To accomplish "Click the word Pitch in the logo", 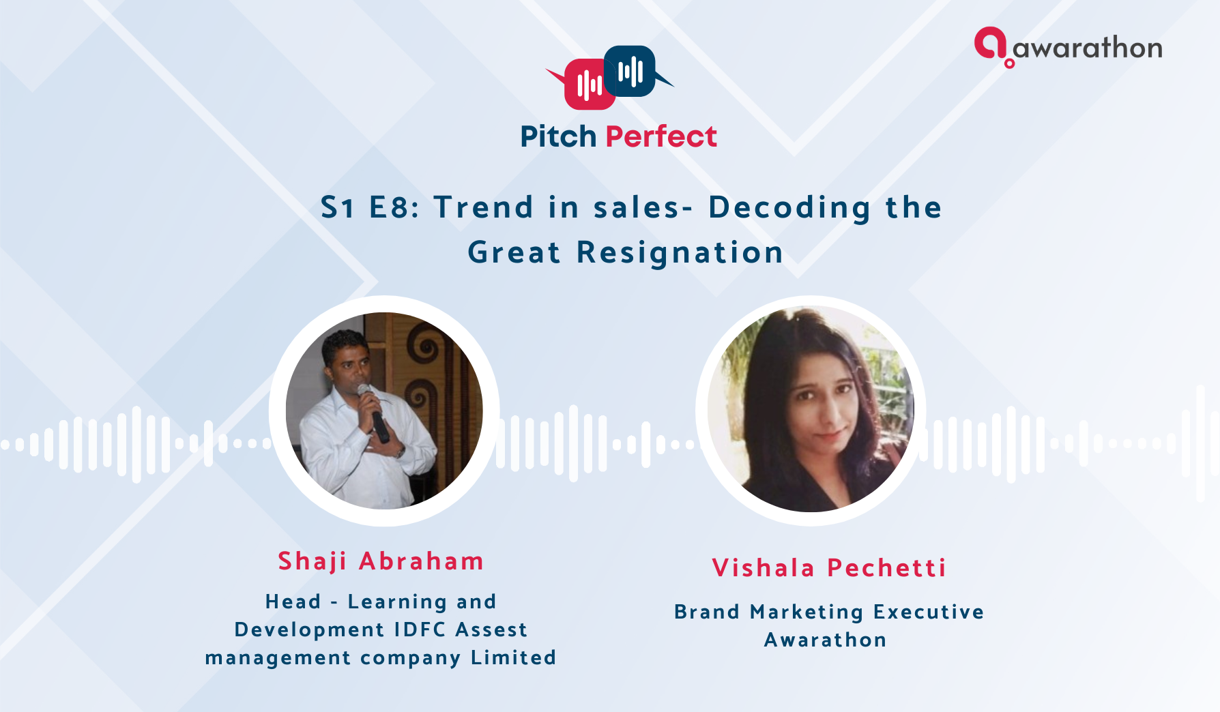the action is tap(558, 136).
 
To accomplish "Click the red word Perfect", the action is tap(661, 136).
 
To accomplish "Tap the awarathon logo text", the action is tap(1088, 48).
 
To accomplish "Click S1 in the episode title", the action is tap(338, 207).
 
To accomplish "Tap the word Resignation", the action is tap(680, 253).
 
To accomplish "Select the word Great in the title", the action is tap(514, 252).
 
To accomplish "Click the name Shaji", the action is tap(313, 561).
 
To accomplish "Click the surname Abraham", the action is tap(422, 561).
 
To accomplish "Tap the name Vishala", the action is tap(764, 568).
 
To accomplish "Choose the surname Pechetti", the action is tap(886, 568).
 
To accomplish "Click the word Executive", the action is tap(929, 612).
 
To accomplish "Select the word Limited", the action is tap(514, 657).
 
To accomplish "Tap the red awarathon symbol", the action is tap(991, 46).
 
